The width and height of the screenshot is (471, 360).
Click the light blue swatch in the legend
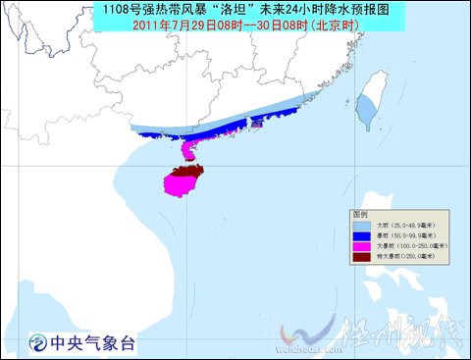[x=361, y=226]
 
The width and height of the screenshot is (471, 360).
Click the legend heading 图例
[x=361, y=214]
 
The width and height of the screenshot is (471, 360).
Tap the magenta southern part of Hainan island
[x=180, y=184]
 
